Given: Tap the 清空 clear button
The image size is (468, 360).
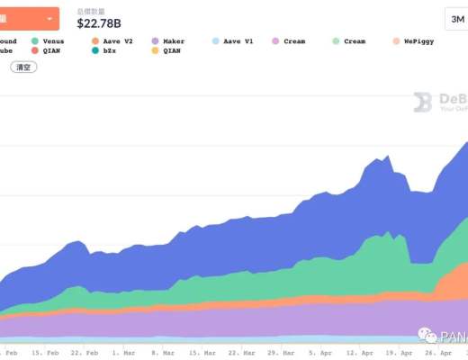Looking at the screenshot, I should [x=22, y=67].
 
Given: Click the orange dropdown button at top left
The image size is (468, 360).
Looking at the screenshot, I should [x=29, y=17].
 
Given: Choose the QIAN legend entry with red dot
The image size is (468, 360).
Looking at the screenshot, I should [x=50, y=51].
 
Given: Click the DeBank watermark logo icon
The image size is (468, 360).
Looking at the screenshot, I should [x=423, y=103].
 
